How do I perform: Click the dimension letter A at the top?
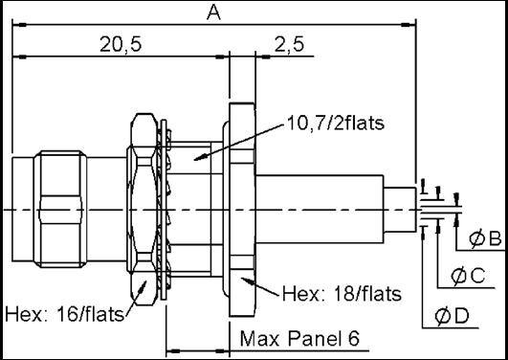coord(214,13)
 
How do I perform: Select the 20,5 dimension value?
coord(121,44)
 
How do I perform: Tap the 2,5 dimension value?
coord(289,44)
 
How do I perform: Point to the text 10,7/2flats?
coord(336,123)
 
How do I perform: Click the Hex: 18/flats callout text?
coord(342,294)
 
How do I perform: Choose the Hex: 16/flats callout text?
coord(64,314)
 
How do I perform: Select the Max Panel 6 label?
coord(299,338)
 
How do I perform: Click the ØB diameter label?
coord(485,238)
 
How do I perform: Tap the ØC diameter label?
coord(468,276)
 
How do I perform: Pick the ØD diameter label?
coord(452,316)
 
